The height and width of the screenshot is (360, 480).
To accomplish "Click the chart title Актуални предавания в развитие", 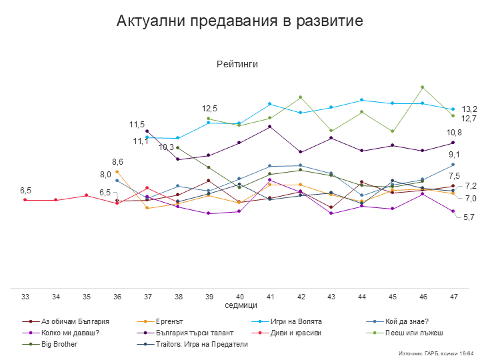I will (x=239, y=21).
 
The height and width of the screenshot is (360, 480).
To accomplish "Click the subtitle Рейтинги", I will (x=237, y=64).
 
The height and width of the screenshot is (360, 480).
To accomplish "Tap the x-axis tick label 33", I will (x=25, y=295).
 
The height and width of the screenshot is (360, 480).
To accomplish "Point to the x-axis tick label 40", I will (x=239, y=295).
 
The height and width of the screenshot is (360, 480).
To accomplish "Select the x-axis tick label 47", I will (x=453, y=295).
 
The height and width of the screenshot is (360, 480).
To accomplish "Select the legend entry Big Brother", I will (x=59, y=344).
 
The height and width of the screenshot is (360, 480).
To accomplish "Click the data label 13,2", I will (x=470, y=109).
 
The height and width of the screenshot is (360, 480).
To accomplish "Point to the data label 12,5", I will (x=210, y=108).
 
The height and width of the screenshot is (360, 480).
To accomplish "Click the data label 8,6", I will (x=117, y=162).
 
